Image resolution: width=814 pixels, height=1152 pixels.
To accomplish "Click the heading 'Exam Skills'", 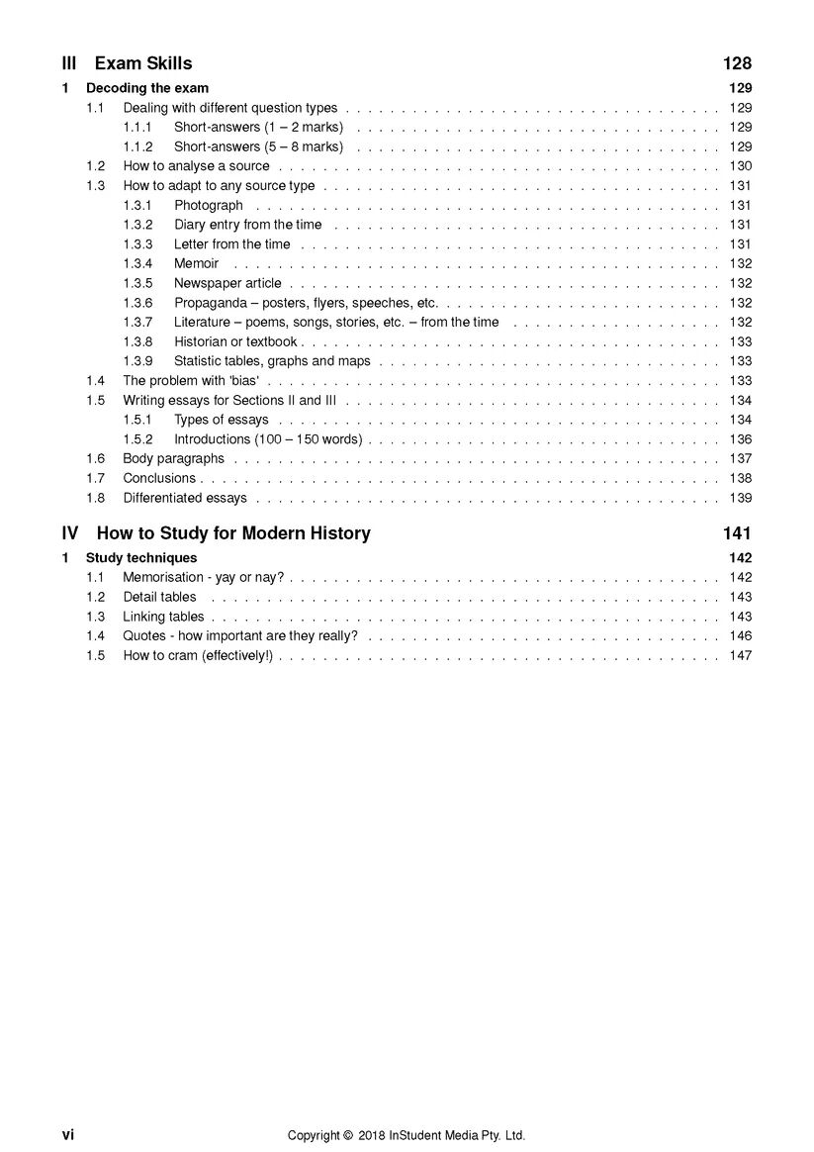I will pos(143,64).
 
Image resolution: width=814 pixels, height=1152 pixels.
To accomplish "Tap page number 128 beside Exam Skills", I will pos(737,64).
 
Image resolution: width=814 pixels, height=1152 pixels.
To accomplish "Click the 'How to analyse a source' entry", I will pos(196,166).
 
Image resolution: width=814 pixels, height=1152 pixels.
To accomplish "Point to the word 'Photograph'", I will pos(208,205).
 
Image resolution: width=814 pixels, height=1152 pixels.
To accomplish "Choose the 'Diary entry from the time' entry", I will pos(247,225).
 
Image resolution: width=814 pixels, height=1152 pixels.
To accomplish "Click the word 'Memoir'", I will pos(196,263).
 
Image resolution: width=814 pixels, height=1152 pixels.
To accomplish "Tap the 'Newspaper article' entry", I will pos(227,283).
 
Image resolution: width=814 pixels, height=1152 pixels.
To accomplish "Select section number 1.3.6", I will pos(137,303).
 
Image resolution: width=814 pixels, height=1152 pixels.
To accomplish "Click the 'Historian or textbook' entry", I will pos(235,341).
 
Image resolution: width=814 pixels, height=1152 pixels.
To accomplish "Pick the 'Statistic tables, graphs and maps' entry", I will pos(272,361).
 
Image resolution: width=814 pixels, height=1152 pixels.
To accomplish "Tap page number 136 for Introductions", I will pos(740,439).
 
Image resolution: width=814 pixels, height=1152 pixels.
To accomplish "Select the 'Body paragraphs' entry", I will pos(173,458).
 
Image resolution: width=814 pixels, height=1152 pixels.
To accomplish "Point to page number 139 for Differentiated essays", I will pos(740,498).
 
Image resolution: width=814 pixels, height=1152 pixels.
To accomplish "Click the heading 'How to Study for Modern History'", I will pos(233,533).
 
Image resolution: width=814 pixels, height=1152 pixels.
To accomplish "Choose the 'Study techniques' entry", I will pos(141,558).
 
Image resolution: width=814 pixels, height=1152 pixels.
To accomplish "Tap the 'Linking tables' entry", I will pos(163,617).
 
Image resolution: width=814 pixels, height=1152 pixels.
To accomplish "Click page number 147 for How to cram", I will pos(740,655).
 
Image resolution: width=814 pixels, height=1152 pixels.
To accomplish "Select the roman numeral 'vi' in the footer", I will pos(68,1135).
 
